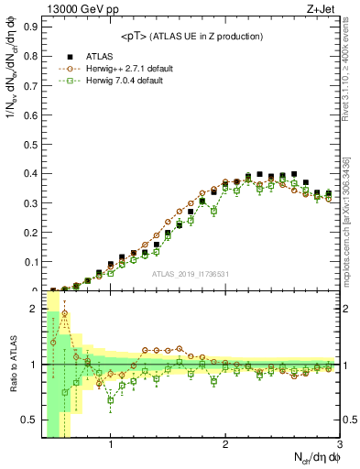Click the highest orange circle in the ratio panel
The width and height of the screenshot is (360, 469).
pos(65,313)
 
